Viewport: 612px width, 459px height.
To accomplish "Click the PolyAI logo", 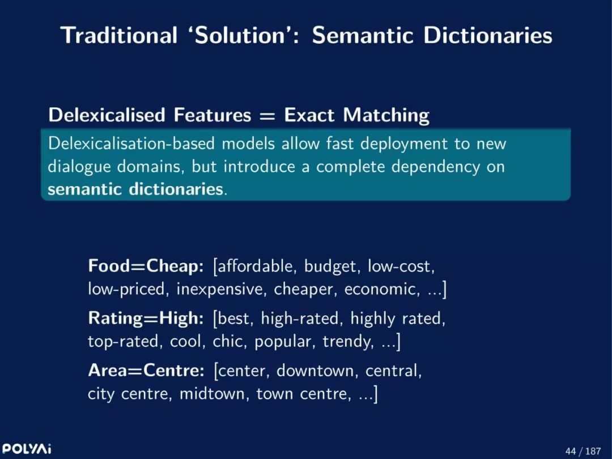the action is click(27, 448).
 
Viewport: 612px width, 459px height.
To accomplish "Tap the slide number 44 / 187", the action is click(583, 451).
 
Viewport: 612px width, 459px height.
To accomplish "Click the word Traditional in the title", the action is click(119, 35).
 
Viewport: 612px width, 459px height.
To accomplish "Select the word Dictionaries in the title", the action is click(488, 35).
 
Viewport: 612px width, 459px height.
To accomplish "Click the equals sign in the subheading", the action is click(267, 116).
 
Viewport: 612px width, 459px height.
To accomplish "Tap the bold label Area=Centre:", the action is click(146, 370).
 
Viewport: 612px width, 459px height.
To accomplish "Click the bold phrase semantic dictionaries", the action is click(135, 189).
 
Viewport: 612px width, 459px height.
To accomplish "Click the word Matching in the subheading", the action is click(386, 116).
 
